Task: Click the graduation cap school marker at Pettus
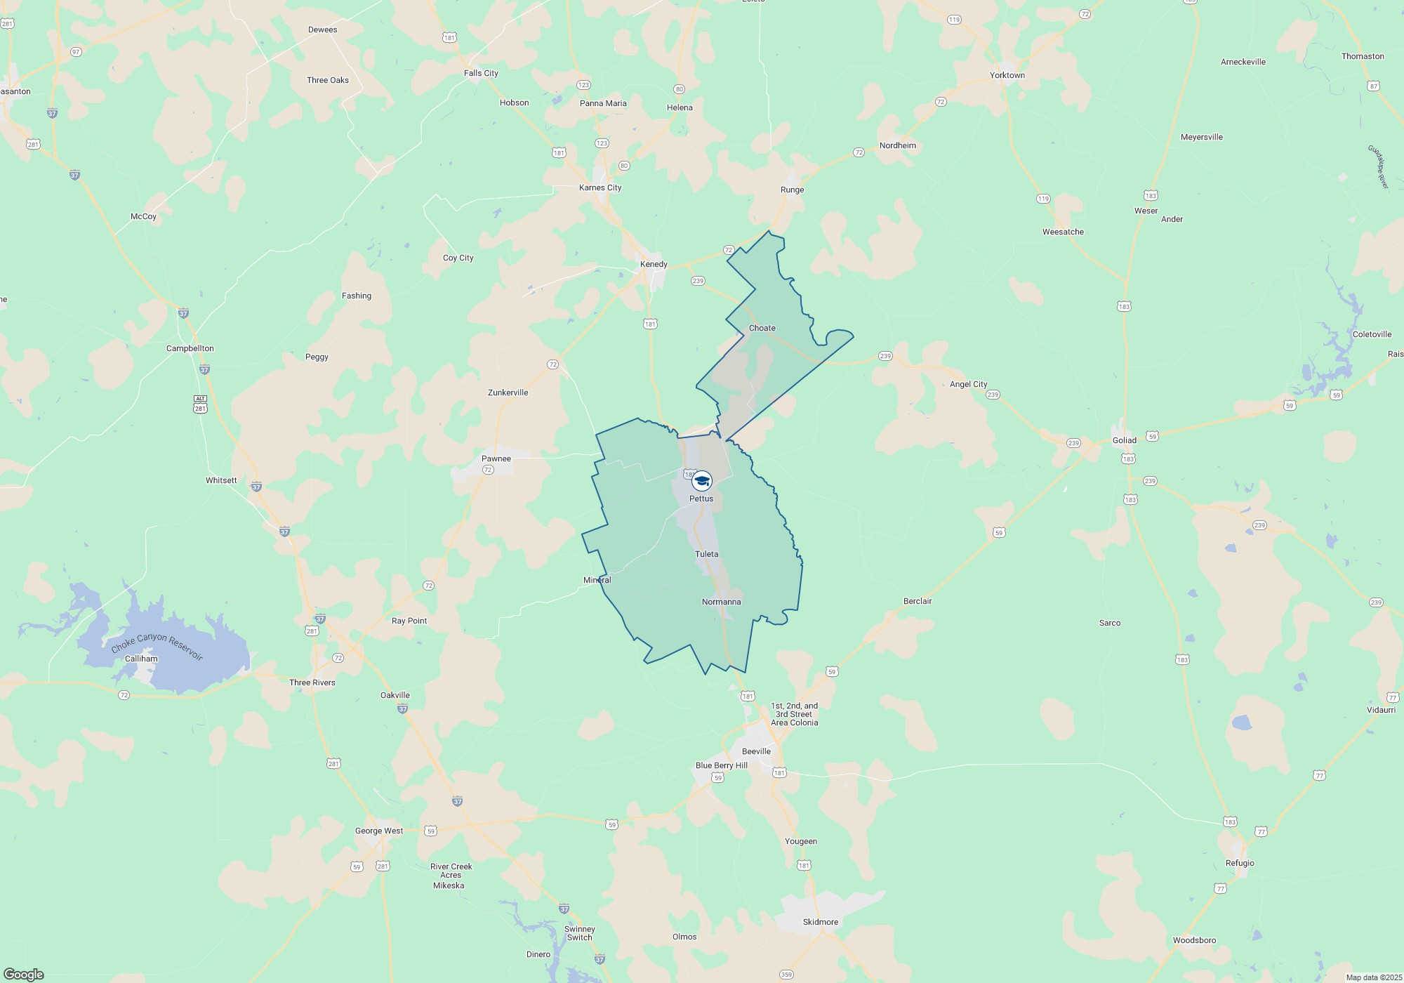[x=702, y=481]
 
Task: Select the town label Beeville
[x=756, y=751]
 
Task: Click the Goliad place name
[x=1124, y=440]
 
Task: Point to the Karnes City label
[x=600, y=187]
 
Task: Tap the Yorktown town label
[x=1007, y=75]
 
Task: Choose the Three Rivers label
[x=312, y=682]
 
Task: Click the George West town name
[x=379, y=831]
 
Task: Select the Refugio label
[x=1240, y=863]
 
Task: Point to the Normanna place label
[x=722, y=602]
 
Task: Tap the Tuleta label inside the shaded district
[x=707, y=554]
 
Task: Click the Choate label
[x=762, y=328]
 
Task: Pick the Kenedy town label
[x=654, y=264]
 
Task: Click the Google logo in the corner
[x=24, y=974]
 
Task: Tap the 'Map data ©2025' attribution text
[x=1374, y=977]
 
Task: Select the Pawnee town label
[x=496, y=458]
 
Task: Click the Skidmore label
[x=821, y=922]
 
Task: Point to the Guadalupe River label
[x=1378, y=166]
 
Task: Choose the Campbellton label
[x=190, y=348]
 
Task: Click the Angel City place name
[x=969, y=384]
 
